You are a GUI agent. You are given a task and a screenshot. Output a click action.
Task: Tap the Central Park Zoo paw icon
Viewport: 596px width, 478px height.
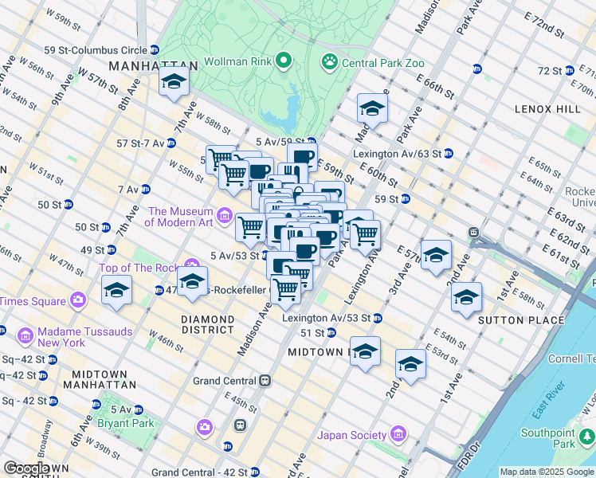328,61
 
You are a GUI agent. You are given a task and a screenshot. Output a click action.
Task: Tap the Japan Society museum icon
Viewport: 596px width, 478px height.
398,435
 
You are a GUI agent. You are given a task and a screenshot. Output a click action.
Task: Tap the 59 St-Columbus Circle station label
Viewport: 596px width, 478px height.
96,50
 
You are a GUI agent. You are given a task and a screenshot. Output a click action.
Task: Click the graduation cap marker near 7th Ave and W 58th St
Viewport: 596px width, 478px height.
173,82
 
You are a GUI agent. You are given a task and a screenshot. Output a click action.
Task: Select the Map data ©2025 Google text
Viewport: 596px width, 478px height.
547,472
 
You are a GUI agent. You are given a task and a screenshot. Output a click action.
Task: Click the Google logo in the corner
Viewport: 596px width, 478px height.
25,469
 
